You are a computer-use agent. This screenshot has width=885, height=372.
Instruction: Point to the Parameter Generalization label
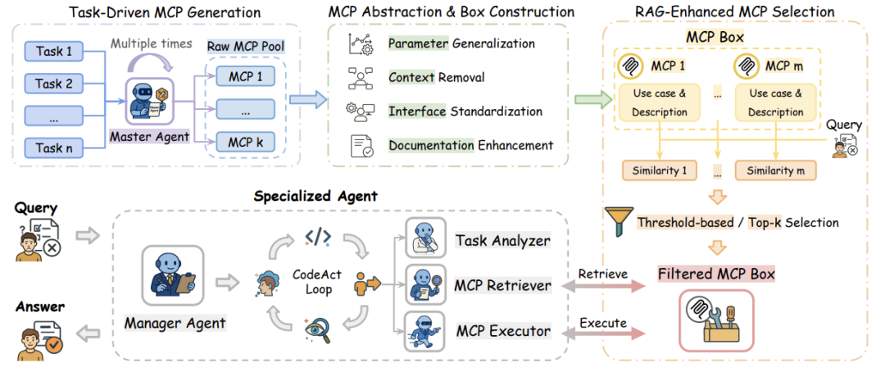(x=461, y=43)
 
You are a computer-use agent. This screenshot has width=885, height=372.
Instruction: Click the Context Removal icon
(x=361, y=77)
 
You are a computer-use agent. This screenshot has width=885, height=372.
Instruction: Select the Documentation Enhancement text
(x=470, y=145)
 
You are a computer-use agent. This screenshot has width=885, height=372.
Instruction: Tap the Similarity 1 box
(x=659, y=171)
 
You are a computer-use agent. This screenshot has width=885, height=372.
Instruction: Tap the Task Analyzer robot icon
(x=424, y=239)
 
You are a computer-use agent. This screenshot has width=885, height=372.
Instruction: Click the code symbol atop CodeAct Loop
(x=318, y=238)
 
